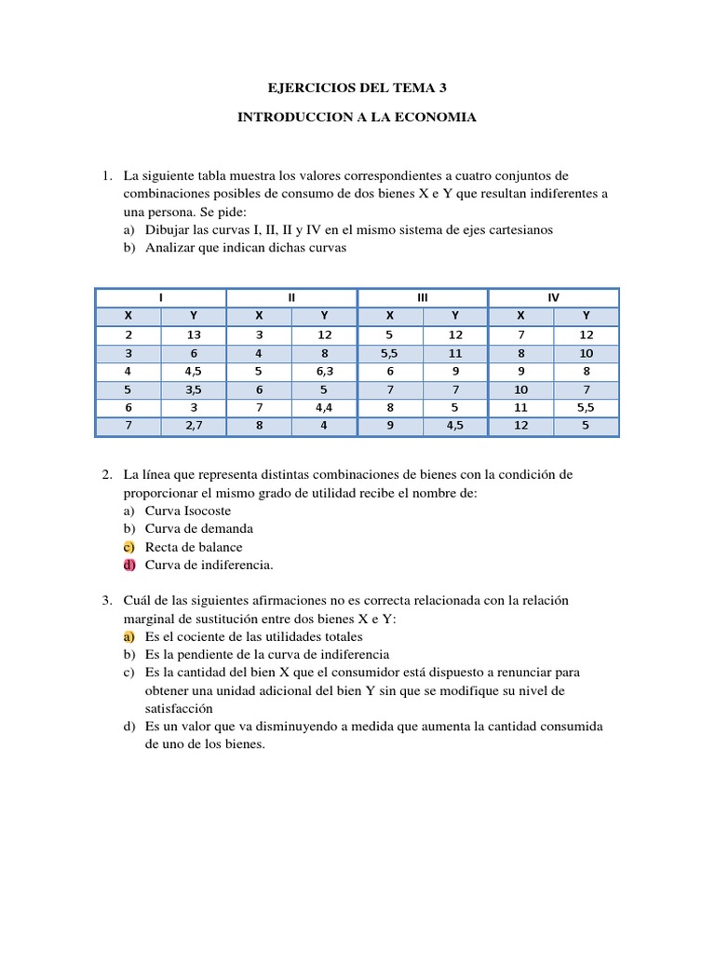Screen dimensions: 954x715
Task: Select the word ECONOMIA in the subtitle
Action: click(438, 117)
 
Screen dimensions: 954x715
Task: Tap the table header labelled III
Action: click(423, 297)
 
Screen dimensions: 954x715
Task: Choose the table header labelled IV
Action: click(553, 297)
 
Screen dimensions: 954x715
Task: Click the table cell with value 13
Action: click(194, 334)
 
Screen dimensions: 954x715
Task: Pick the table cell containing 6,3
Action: click(324, 372)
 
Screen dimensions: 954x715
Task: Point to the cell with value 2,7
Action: click(194, 427)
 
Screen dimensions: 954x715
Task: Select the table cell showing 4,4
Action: click(324, 408)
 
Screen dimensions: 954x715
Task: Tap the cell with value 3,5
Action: click(194, 389)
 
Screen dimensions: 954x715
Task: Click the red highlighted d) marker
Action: click(129, 565)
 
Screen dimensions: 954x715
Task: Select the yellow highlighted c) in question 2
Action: click(129, 547)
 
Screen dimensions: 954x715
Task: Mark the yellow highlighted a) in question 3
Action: click(129, 636)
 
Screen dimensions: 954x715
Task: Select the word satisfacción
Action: click(180, 708)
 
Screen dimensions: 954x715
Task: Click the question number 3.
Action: click(107, 600)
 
